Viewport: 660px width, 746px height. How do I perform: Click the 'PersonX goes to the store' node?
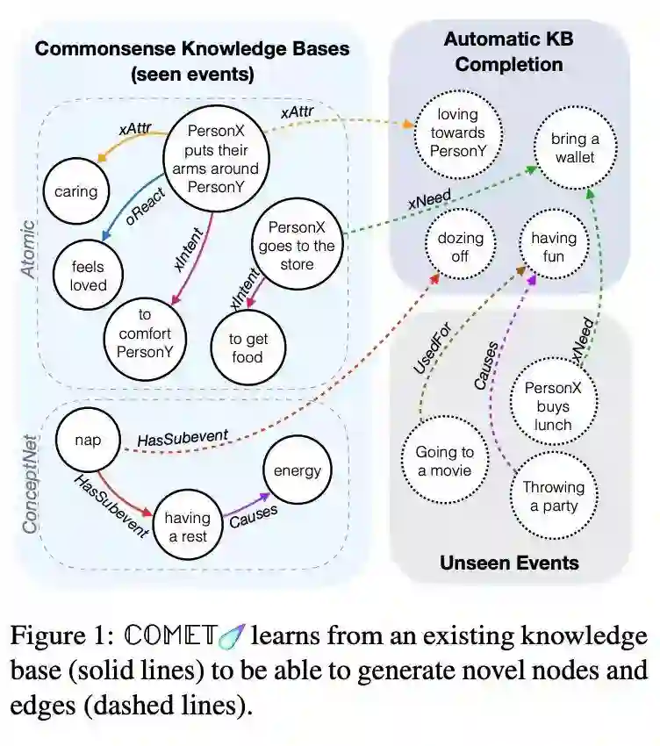click(x=297, y=246)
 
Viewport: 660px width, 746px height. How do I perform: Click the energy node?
click(x=298, y=471)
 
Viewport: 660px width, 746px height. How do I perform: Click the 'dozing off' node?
click(x=461, y=247)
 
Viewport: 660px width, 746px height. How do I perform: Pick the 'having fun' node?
click(x=554, y=247)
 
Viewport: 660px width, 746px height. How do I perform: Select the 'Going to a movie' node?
click(x=444, y=461)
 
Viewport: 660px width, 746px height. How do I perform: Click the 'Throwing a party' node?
click(x=554, y=496)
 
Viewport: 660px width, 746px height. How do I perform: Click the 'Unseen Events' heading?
click(x=509, y=562)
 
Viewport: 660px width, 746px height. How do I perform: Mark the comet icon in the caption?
click(x=233, y=634)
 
